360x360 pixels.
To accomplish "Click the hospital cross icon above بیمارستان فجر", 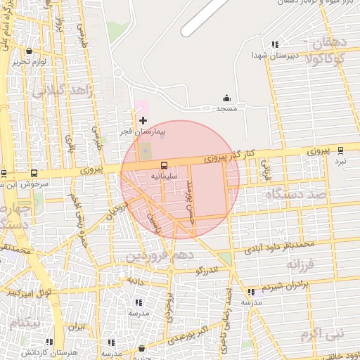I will tap(143, 121).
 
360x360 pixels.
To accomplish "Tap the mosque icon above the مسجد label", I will tap(226, 98).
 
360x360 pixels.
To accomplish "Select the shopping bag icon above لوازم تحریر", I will tap(29, 51).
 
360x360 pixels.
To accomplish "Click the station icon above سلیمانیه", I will tap(163, 165).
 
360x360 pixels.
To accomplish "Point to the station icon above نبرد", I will tap(341, 150).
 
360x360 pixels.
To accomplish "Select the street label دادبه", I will tap(135, 279).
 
